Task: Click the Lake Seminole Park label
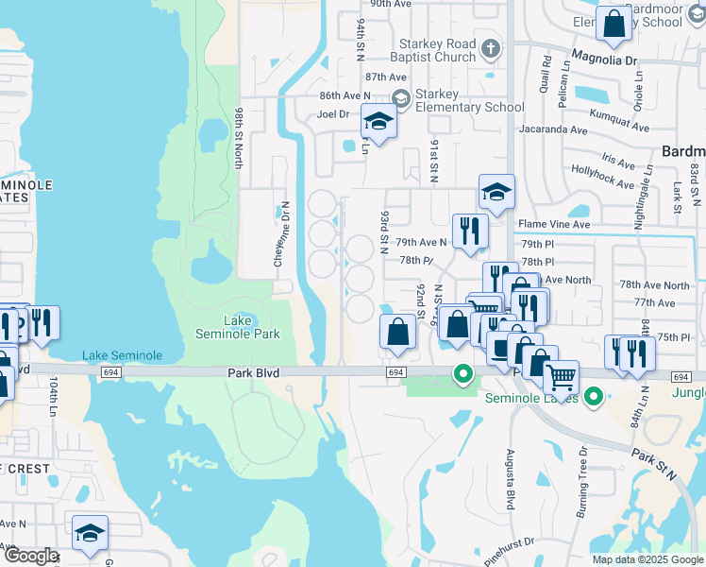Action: tap(237, 327)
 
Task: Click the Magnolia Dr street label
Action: tap(605, 60)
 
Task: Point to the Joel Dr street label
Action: tap(333, 114)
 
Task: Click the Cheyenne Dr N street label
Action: tap(282, 233)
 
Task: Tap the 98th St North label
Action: tap(240, 138)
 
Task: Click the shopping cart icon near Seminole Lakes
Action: tap(561, 377)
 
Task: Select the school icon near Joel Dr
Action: tap(378, 122)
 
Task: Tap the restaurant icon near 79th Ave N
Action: tap(470, 230)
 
